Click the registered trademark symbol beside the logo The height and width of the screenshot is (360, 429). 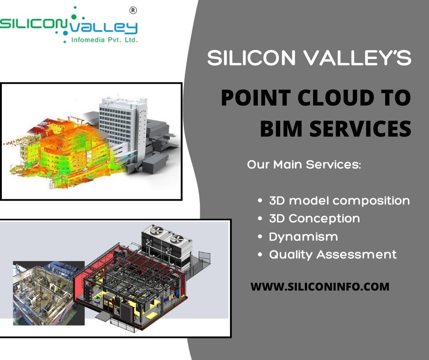tap(132, 10)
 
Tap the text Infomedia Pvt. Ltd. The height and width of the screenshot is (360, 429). tap(99, 40)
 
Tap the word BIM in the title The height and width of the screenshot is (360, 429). tap(280, 128)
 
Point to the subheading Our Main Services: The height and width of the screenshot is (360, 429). tap(304, 164)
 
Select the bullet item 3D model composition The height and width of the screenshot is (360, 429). tap(339, 200)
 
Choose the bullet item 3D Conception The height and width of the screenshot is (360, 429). tap(314, 218)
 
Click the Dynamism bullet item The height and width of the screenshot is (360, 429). tap(303, 237)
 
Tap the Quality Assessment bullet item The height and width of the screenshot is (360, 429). tap(333, 254)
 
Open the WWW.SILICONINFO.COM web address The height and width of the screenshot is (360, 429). tap(320, 287)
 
